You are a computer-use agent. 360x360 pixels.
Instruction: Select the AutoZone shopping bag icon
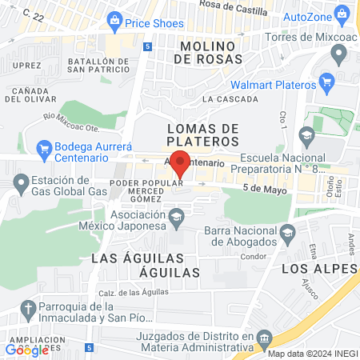(x=342, y=14)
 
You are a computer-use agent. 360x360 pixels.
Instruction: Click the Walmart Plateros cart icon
(x=326, y=82)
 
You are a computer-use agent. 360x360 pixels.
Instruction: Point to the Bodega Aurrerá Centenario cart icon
(x=44, y=147)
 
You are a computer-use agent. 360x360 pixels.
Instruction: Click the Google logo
(x=26, y=350)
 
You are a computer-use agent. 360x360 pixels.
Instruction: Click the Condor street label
(x=253, y=256)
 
